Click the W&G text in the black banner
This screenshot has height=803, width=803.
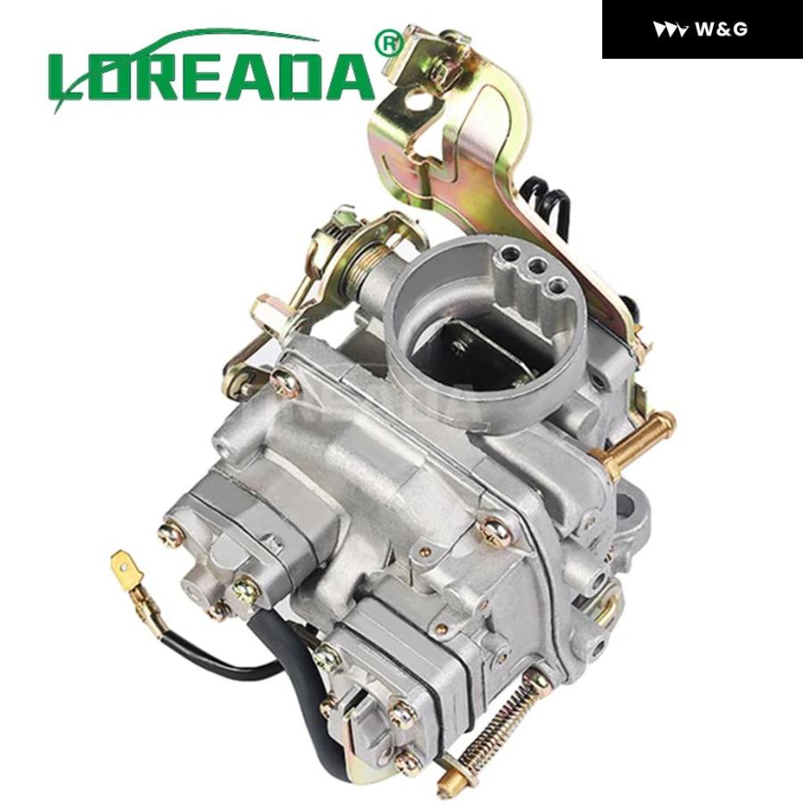coord(722,29)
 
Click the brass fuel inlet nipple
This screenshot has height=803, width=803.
coord(633,440)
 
